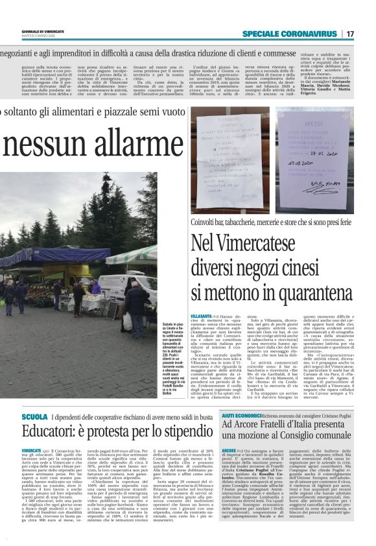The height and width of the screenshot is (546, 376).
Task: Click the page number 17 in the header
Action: [x=350, y=34]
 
